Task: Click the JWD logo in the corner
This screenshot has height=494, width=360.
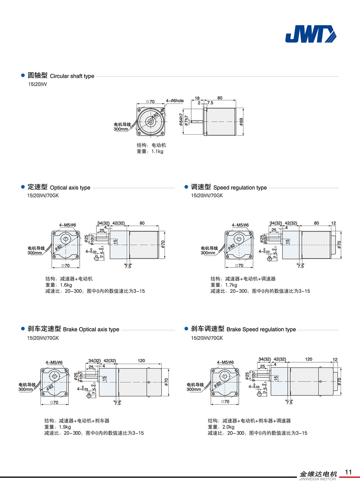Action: (310, 34)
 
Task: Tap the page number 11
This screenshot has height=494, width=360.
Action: (348, 472)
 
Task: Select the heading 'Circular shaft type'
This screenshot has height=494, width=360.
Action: (72, 76)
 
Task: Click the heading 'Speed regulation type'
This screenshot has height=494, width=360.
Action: (240, 188)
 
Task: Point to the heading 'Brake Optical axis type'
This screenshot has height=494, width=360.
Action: (91, 329)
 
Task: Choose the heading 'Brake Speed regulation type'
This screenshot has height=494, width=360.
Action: (261, 329)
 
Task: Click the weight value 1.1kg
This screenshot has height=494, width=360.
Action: (157, 151)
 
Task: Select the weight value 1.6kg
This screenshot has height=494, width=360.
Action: (66, 285)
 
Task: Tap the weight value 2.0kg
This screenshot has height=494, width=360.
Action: (228, 427)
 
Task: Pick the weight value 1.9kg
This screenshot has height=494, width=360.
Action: (65, 427)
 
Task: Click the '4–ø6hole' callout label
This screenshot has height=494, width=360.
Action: (175, 101)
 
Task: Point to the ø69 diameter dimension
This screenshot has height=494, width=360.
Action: (241, 121)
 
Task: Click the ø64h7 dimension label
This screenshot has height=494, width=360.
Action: (181, 119)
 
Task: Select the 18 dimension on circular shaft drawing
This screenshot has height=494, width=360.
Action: (197, 98)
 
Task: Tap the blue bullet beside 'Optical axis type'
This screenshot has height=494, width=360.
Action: (23, 187)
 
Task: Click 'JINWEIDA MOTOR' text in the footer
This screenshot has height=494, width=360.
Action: (317, 479)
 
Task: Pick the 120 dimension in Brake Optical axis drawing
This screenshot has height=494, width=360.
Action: (141, 361)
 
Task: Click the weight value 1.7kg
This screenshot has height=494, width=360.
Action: (231, 285)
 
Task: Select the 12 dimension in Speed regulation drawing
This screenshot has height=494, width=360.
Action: (333, 223)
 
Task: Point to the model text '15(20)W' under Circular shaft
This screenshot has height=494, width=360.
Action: (37, 84)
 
